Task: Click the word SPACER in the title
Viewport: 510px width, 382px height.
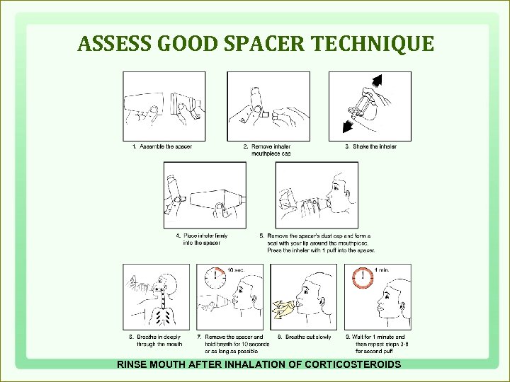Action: click(x=258, y=45)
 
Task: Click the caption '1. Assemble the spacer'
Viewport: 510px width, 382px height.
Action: click(x=161, y=146)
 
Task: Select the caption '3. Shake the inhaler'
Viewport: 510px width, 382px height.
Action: click(x=370, y=146)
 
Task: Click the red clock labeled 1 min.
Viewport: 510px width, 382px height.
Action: click(x=362, y=277)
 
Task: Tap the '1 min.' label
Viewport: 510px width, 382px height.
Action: click(x=381, y=270)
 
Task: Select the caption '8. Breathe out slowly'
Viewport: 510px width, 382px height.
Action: click(x=304, y=337)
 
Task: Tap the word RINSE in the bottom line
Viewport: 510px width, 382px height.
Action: click(x=132, y=364)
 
